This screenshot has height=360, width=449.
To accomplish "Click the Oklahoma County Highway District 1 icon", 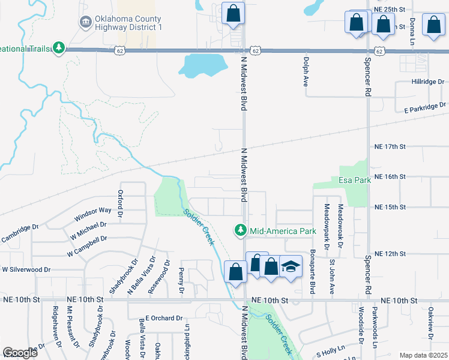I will pyautogui.click(x=85, y=23).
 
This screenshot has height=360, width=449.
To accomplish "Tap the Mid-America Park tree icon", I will pyautogui.click(x=241, y=230).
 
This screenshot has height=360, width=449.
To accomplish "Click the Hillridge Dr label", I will pyautogui.click(x=427, y=81).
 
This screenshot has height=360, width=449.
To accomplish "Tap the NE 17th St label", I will pyautogui.click(x=390, y=146).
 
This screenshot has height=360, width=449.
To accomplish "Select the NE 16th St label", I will pyautogui.click(x=390, y=177).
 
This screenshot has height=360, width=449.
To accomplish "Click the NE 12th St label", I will pyautogui.click(x=390, y=254).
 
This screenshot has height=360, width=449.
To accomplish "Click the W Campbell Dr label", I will pyautogui.click(x=87, y=239).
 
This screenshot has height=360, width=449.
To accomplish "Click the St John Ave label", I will pyautogui.click(x=332, y=276).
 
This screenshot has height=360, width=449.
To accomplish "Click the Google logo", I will pyautogui.click(x=20, y=353).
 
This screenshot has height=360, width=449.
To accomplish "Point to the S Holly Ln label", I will pyautogui.click(x=331, y=348).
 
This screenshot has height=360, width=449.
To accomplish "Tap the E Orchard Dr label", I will pyautogui.click(x=164, y=318).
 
